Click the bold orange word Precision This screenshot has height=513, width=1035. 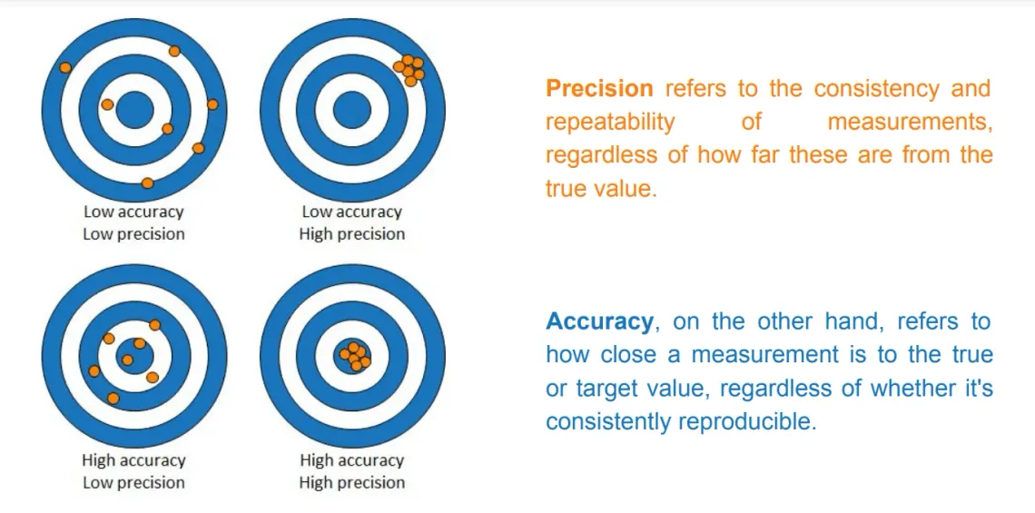click(x=599, y=89)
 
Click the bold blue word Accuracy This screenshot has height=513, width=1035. click(x=599, y=321)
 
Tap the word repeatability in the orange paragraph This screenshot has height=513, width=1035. click(x=610, y=122)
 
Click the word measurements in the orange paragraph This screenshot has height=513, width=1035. click(x=909, y=122)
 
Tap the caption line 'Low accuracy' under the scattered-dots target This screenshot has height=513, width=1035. click(x=133, y=212)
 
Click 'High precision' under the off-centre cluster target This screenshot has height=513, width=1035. click(x=351, y=234)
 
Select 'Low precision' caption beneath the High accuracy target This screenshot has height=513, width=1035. click(x=133, y=483)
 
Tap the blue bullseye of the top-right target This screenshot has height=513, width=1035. click(x=351, y=111)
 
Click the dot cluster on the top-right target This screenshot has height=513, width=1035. click(x=409, y=68)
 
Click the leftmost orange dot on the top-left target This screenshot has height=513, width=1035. click(x=64, y=67)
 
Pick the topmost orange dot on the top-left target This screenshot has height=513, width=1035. click(x=174, y=51)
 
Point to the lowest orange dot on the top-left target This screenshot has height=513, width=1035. click(x=148, y=183)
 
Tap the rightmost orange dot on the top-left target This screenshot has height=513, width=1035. click(x=212, y=104)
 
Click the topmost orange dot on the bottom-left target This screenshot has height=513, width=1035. click(x=154, y=325)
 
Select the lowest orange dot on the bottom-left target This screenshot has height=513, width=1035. click(x=113, y=399)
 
